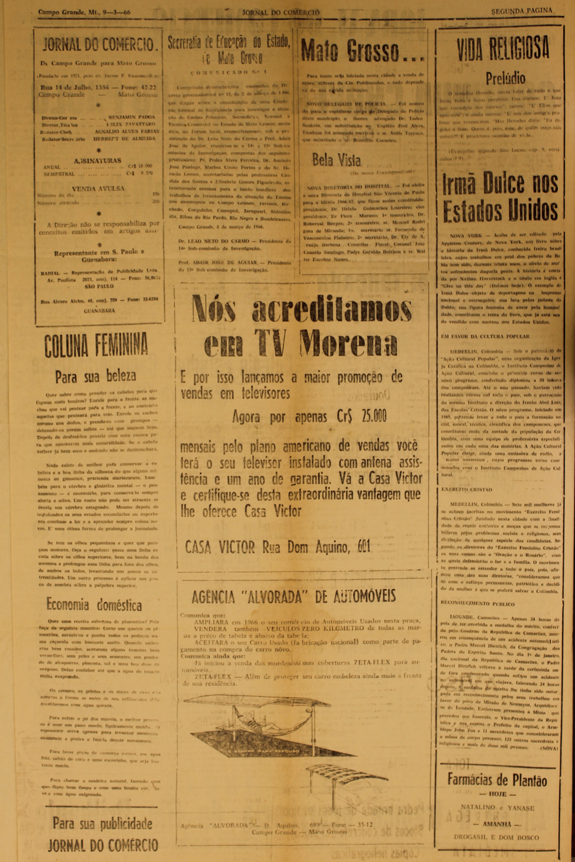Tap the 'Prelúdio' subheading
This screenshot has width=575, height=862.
click(500, 78)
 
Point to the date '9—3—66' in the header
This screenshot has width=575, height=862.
click(117, 13)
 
